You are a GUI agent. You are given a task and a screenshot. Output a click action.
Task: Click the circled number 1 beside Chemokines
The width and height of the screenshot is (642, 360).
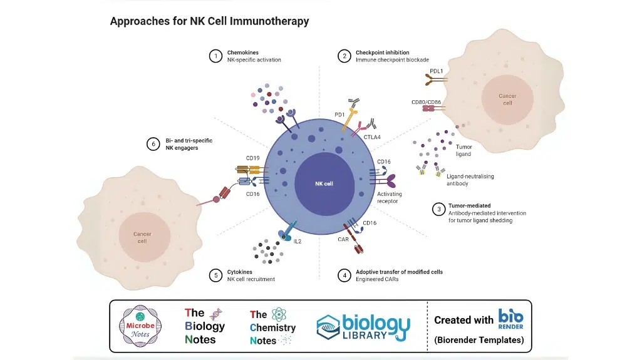(215, 56)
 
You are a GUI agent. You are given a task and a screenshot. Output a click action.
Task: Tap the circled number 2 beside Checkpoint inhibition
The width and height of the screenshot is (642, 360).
(344, 56)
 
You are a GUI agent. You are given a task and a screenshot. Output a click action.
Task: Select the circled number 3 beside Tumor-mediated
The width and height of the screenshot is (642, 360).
(439, 210)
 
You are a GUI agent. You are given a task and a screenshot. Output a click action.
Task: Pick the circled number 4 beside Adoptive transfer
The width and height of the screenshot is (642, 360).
(344, 275)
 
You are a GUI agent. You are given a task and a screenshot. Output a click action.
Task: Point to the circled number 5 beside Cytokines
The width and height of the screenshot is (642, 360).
(215, 275)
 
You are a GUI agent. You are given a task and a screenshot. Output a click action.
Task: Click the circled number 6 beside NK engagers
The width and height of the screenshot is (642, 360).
(153, 144)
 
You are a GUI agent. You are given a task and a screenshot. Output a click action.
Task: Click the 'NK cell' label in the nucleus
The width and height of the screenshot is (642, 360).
(324, 183)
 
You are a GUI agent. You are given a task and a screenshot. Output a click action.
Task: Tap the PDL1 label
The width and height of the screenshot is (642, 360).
(437, 71)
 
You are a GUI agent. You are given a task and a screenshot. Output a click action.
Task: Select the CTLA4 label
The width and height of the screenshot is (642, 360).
(372, 137)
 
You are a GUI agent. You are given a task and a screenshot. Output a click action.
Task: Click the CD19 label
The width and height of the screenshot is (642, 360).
(252, 158)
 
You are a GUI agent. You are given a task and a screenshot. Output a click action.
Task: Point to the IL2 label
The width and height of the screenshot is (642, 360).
(298, 242)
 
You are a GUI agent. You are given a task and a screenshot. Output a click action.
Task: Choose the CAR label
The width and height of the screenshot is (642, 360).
(343, 239)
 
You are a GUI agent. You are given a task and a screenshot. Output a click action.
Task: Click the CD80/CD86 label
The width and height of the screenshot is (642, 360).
(427, 102)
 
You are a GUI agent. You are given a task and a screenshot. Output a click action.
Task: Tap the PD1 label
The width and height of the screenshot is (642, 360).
(339, 115)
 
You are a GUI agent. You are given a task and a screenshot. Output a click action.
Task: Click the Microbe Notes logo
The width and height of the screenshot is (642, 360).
(140, 326)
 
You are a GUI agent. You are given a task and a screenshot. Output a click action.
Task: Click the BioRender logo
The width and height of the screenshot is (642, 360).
(510, 319)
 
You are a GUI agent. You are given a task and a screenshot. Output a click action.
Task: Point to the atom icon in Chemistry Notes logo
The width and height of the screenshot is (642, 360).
(279, 314)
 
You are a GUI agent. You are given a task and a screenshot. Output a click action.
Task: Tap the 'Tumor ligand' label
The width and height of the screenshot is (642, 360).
(463, 150)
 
